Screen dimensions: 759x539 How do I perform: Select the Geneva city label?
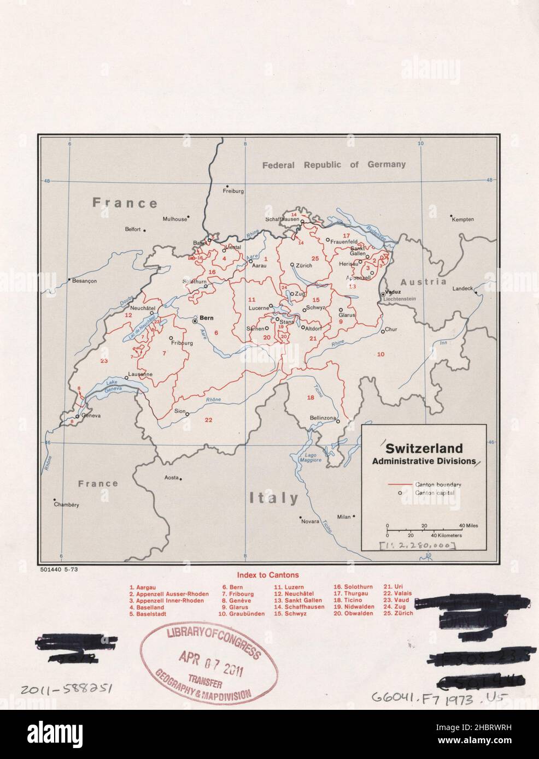(x=91, y=416)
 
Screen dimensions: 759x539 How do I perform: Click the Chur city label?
(x=391, y=330)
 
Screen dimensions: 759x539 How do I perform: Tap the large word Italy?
(x=274, y=497)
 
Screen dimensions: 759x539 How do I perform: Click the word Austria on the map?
(x=424, y=282)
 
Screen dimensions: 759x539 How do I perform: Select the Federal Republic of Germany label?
(x=333, y=164)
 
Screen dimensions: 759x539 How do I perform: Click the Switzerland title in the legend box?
(x=424, y=449)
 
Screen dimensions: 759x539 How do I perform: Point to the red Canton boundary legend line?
(x=399, y=484)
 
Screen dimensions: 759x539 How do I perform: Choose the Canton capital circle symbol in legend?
(x=400, y=493)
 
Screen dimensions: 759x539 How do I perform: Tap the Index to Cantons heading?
(x=268, y=575)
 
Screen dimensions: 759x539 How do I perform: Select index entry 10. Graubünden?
(x=241, y=614)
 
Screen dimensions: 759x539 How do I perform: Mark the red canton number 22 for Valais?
(x=208, y=419)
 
